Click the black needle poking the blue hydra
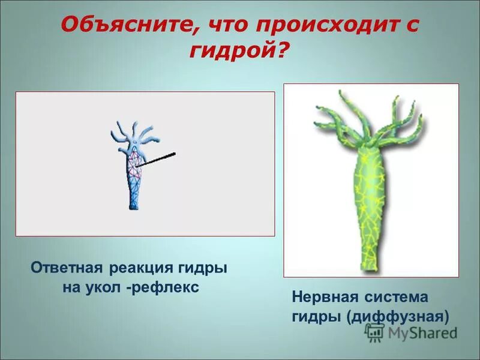[157, 159]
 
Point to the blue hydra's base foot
[133, 205]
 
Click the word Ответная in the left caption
[67, 268]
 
